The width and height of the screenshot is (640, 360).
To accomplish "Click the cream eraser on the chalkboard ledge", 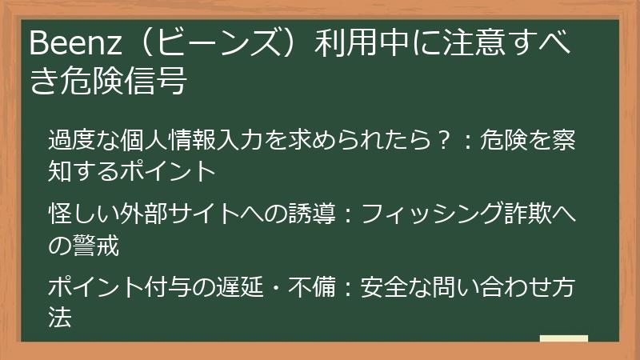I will pyautogui.click(x=563, y=338).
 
